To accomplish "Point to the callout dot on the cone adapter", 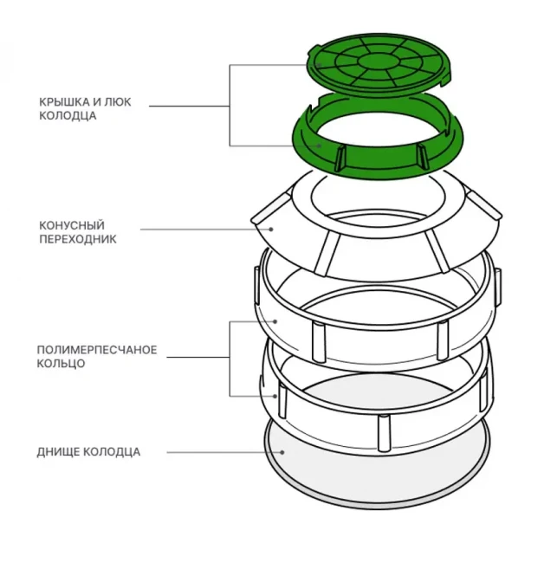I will click(271, 230).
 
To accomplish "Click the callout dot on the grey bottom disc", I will click(284, 451).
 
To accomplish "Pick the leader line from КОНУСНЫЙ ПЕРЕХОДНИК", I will click(204, 230).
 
